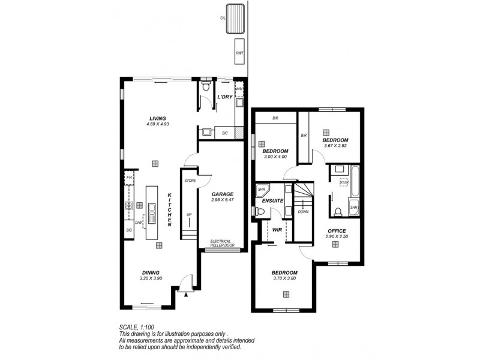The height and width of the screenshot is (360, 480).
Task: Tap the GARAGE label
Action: click(x=222, y=194)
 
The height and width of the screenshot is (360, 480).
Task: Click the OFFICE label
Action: click(x=336, y=230)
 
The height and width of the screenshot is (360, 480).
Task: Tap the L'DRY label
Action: click(x=224, y=97)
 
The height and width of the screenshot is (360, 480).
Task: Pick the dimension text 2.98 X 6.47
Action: click(x=222, y=200)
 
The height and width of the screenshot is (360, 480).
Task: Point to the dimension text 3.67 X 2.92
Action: click(x=335, y=145)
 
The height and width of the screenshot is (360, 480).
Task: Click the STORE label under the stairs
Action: click(x=190, y=180)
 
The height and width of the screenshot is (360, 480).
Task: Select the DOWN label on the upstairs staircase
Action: click(x=303, y=211)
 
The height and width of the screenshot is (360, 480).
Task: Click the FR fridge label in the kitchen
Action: click(x=129, y=178)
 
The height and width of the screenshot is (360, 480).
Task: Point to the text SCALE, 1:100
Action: click(x=137, y=327)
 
